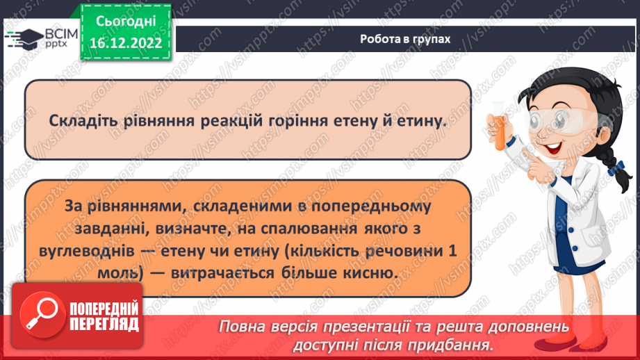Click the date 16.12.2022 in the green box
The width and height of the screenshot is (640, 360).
point(126,43)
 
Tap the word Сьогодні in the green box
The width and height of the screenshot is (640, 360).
point(126,22)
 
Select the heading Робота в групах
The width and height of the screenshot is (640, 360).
point(405,39)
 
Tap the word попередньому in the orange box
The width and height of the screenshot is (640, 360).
point(370,206)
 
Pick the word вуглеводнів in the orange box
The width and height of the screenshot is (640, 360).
point(87,250)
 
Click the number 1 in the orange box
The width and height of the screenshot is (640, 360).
point(452,250)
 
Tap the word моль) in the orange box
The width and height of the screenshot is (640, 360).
point(121,273)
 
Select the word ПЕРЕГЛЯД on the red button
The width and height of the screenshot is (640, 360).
point(104,325)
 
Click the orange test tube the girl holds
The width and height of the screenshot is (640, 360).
point(498,126)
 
